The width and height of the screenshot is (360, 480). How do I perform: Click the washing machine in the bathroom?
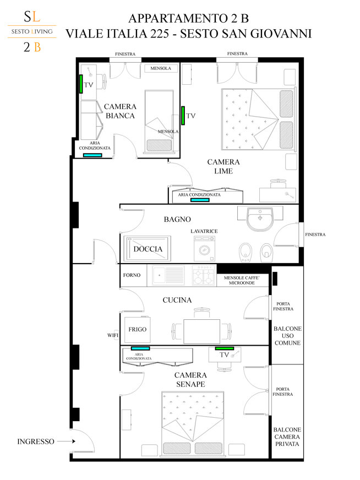(x=204, y=248)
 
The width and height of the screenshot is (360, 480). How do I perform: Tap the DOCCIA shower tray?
(x=147, y=248)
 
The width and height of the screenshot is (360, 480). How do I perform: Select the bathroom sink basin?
(x=260, y=219)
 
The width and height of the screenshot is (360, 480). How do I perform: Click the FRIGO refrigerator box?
(x=138, y=329)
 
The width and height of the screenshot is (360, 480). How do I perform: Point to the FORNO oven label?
(x=132, y=275)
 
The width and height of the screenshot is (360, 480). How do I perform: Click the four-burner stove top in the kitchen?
(x=204, y=275)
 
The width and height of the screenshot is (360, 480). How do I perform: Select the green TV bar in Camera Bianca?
(x=81, y=84)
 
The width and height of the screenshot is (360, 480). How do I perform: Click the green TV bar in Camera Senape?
(x=225, y=348)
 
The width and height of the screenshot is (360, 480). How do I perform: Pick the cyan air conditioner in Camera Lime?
(x=200, y=200)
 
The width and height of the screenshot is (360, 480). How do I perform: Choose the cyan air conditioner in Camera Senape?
(x=140, y=348)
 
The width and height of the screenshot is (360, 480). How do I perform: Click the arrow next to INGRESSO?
(x=66, y=441)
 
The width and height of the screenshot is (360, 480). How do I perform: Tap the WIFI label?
(x=113, y=335)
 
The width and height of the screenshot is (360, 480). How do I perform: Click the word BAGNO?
(x=177, y=219)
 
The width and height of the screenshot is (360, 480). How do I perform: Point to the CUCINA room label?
(x=177, y=300)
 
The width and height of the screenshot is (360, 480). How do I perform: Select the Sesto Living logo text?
(x=32, y=31)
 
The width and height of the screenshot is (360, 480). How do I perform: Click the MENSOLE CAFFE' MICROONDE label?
(x=242, y=280)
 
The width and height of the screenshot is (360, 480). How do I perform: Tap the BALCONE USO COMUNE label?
(x=287, y=336)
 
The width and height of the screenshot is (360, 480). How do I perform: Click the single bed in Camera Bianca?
(x=159, y=121)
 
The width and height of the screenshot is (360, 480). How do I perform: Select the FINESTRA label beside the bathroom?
(x=315, y=234)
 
